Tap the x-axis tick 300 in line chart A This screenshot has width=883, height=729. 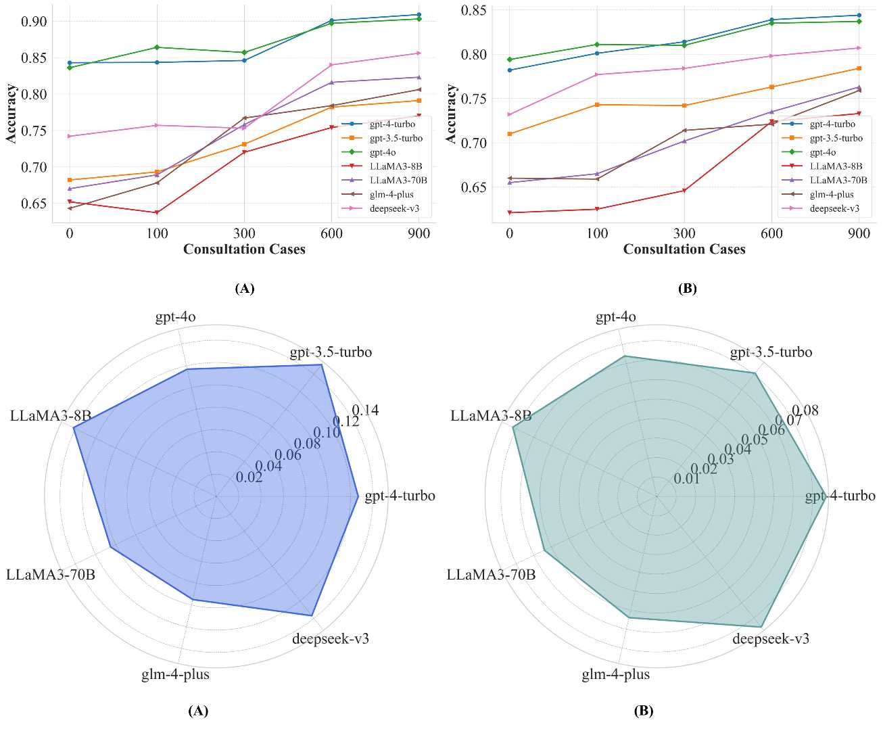[x=244, y=233]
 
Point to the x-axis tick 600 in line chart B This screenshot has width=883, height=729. [x=771, y=233]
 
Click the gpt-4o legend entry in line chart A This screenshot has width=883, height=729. [x=383, y=153]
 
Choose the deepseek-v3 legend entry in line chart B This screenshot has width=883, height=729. [x=834, y=209]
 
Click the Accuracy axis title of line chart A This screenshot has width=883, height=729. [x=11, y=114]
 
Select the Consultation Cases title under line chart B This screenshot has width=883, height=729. [x=684, y=250]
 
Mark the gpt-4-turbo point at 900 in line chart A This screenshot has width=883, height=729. [x=419, y=14]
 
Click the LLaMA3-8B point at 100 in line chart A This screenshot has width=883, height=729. [x=157, y=213]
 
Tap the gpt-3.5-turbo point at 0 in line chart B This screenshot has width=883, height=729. [x=509, y=134]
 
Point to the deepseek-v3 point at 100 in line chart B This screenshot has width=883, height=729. [x=597, y=74]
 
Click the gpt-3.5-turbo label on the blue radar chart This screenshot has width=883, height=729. [x=331, y=352]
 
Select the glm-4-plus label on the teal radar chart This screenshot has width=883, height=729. [x=616, y=674]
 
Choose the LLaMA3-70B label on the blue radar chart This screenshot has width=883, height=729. [x=51, y=575]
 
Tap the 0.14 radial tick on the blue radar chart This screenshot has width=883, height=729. [x=366, y=410]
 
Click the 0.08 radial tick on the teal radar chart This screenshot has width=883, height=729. [x=805, y=410]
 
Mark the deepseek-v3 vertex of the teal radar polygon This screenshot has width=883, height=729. [x=762, y=627]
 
